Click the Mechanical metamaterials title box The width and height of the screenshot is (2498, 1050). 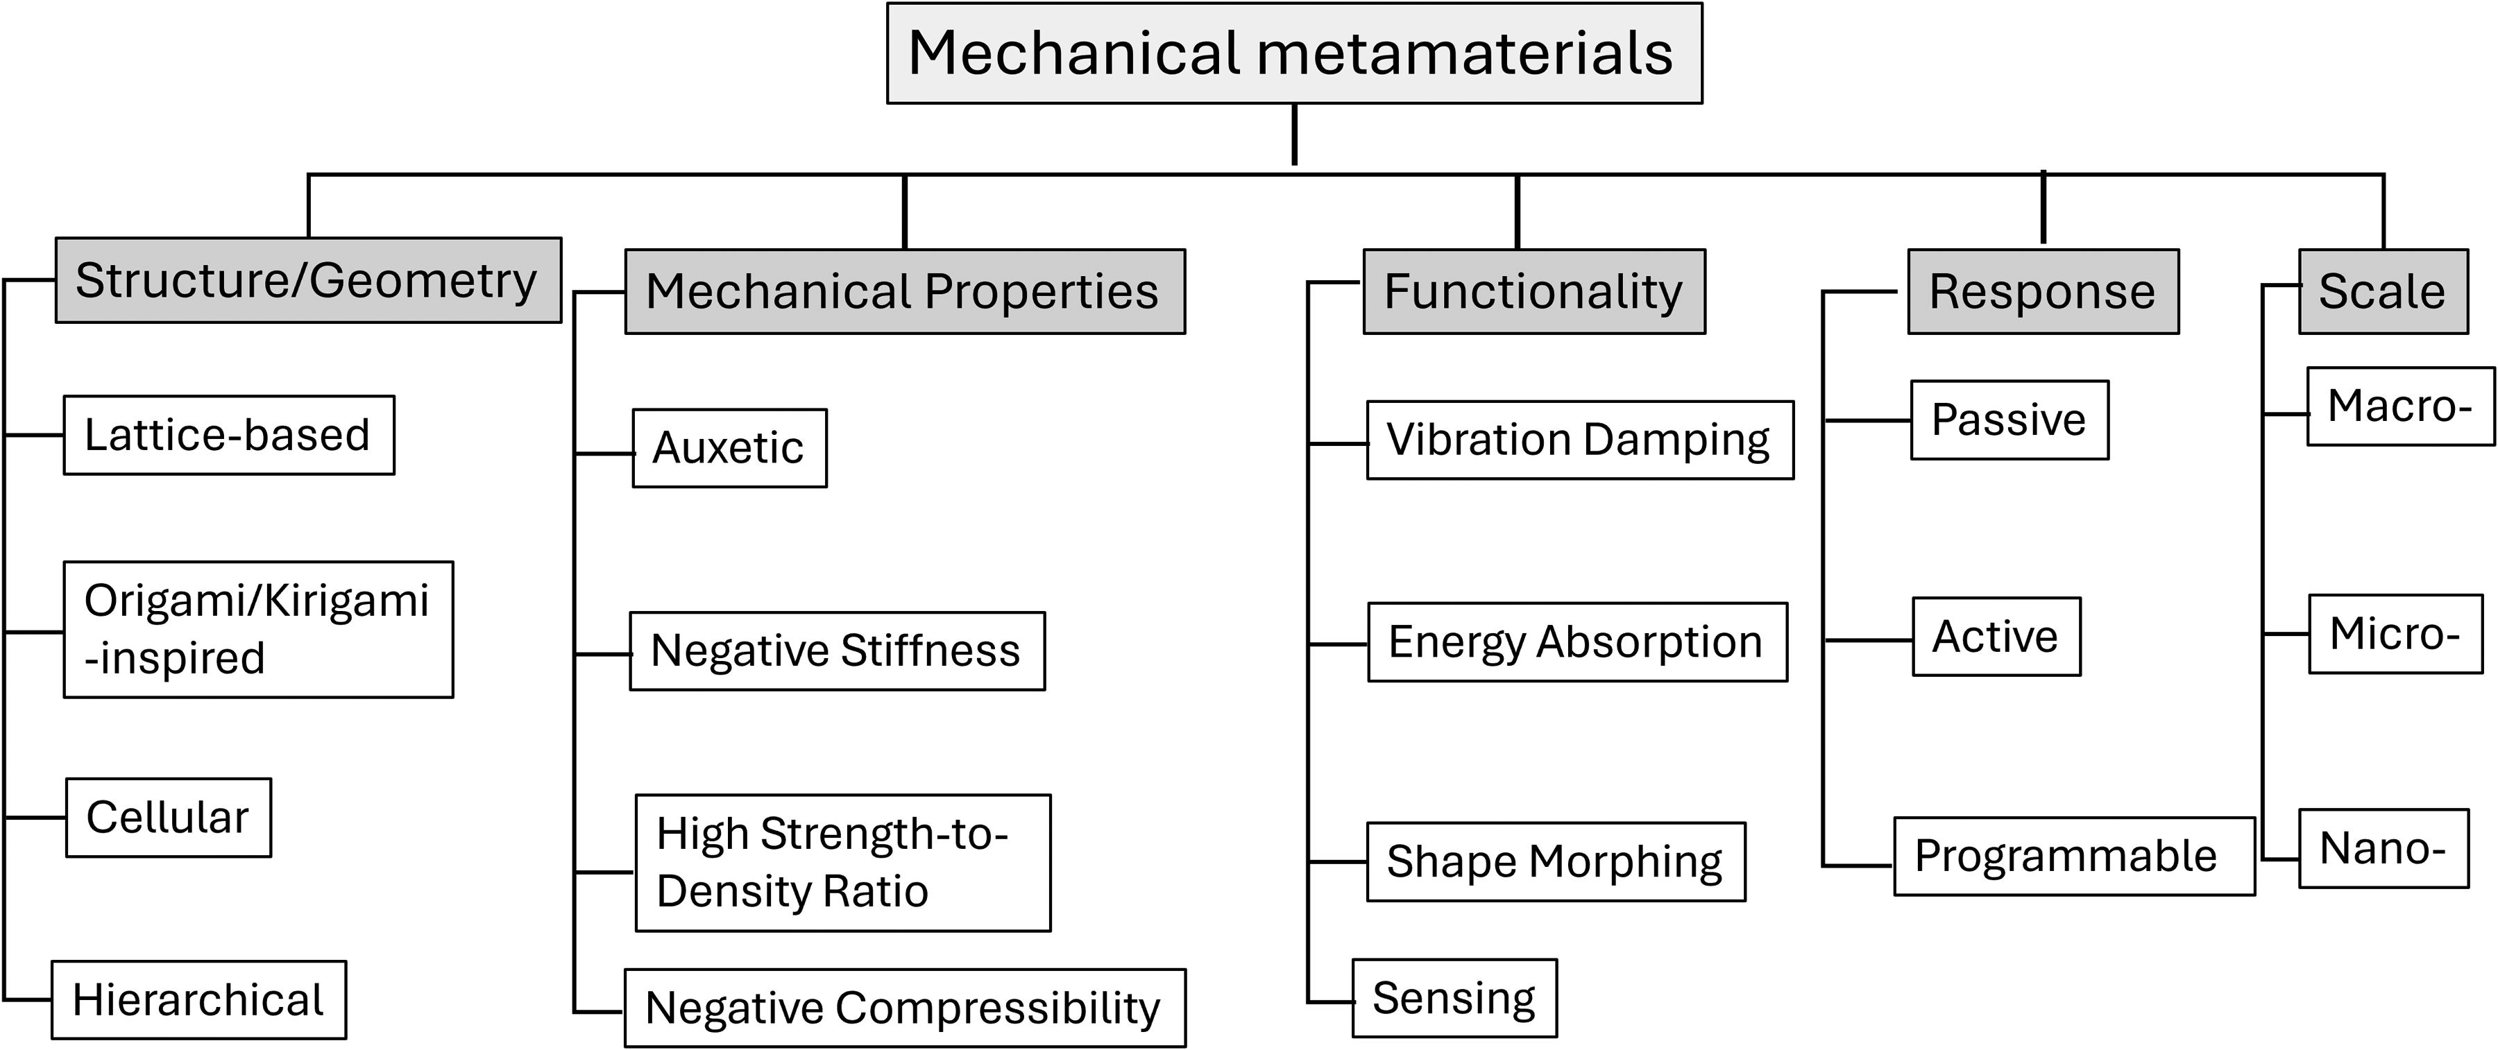1295,53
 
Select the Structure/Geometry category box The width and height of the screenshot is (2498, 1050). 308,280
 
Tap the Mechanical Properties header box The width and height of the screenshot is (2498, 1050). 905,292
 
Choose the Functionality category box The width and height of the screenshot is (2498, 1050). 1534,292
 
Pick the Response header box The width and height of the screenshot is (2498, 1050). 2044,292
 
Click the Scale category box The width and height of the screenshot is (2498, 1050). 2384,292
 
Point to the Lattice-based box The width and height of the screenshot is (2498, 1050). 229,436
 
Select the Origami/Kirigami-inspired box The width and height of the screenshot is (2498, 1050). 258,629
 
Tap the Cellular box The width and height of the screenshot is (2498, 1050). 169,817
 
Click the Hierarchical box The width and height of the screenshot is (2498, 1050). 198,999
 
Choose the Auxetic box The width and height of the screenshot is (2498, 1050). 729,448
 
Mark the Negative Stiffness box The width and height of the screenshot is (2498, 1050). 837,651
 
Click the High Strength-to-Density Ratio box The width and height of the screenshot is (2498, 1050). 842,863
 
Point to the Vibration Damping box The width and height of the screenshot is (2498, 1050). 1580,440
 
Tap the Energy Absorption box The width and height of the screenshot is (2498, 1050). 1577,642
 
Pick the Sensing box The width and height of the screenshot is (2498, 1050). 1454,998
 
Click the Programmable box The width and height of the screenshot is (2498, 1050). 2074,856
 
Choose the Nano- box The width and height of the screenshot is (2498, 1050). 2384,848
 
